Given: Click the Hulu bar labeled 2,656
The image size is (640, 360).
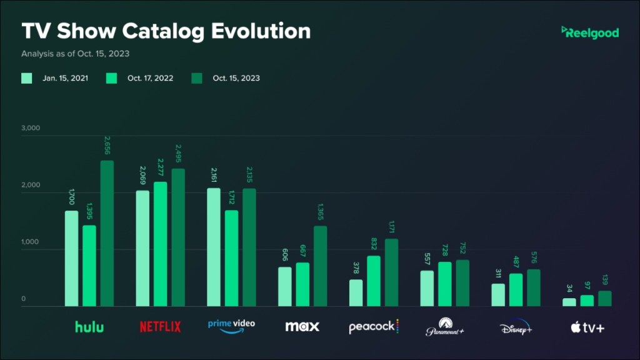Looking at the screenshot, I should (x=107, y=233).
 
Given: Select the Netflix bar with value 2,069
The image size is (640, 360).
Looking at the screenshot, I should (x=142, y=248).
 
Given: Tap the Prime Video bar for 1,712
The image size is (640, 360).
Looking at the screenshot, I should (x=231, y=258).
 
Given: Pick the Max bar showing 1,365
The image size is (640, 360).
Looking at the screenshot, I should (x=320, y=266).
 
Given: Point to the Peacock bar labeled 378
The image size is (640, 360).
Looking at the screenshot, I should (x=356, y=292).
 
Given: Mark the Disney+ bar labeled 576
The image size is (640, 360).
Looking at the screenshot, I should (x=533, y=287).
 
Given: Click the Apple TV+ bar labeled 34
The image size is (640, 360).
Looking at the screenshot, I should (x=569, y=302).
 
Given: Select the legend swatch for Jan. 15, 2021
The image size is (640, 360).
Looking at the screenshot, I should (x=27, y=78).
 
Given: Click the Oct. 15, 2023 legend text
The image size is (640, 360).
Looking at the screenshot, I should (x=236, y=78).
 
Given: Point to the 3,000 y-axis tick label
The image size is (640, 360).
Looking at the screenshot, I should (x=31, y=128).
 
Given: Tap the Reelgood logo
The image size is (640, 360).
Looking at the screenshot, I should (x=590, y=32).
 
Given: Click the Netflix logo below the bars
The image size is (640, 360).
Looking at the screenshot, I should (x=160, y=326).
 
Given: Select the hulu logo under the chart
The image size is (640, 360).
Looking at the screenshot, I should (x=89, y=326).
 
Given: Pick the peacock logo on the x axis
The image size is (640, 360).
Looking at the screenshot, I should (x=373, y=326).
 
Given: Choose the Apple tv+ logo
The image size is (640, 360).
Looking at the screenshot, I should (x=587, y=327).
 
